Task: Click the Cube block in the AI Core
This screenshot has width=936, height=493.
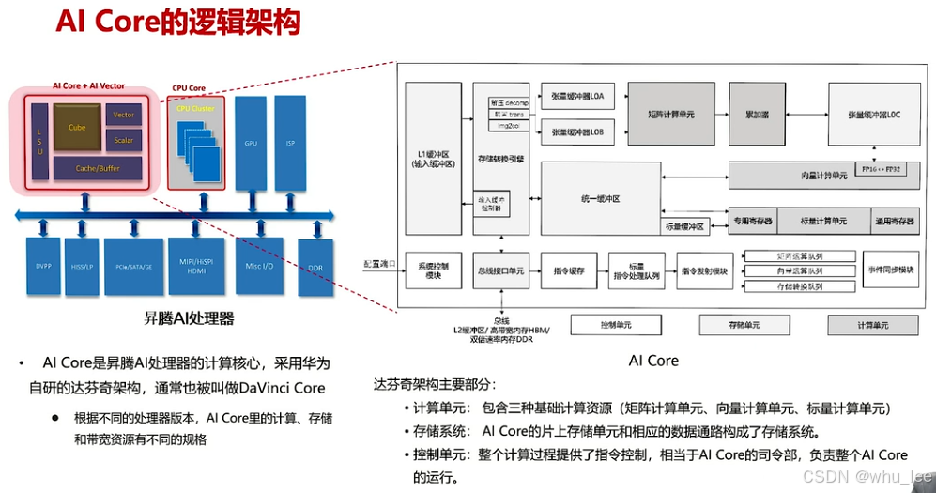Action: [x=77, y=127]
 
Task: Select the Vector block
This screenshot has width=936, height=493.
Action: [x=124, y=115]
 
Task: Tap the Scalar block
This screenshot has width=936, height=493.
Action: [x=124, y=140]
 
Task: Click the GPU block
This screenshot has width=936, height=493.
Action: [x=250, y=144]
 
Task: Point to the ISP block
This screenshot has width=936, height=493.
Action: [x=291, y=144]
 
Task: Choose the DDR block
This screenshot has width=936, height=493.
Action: [x=315, y=268]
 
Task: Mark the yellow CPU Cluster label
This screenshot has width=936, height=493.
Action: [x=196, y=109]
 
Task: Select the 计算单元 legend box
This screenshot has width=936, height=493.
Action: [x=872, y=325]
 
